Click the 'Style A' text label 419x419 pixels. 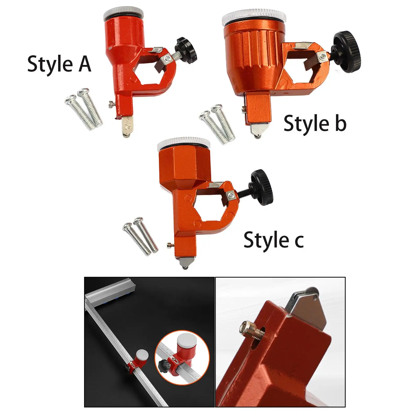(59, 64)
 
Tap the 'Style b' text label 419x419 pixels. (315, 123)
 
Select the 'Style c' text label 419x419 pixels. (274, 240)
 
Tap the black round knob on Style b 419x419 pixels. (347, 52)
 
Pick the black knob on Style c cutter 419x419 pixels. (262, 187)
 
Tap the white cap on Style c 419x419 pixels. (184, 144)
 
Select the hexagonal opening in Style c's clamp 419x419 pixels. (207, 209)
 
